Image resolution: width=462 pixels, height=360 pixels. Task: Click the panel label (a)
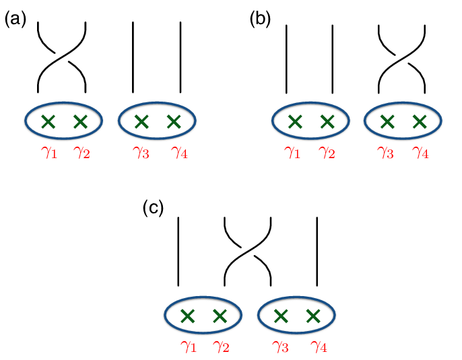point(15,20)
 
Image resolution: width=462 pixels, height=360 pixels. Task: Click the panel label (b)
point(260,20)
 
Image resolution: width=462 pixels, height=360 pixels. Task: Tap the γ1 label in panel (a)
point(48,154)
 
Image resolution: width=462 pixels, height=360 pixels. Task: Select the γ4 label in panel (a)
point(180,154)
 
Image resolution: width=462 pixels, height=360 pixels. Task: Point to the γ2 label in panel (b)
point(328,154)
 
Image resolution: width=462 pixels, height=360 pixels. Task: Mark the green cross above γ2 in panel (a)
point(81,122)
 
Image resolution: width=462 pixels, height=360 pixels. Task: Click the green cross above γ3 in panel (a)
point(141,122)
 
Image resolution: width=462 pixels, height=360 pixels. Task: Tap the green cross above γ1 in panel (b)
point(294,122)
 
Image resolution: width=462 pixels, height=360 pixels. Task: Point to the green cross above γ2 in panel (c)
point(220,315)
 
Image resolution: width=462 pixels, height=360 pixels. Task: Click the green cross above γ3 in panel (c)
point(281,315)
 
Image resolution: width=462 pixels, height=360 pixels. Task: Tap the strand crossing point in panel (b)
point(402,57)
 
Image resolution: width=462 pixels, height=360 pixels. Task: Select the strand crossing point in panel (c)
point(248,250)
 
